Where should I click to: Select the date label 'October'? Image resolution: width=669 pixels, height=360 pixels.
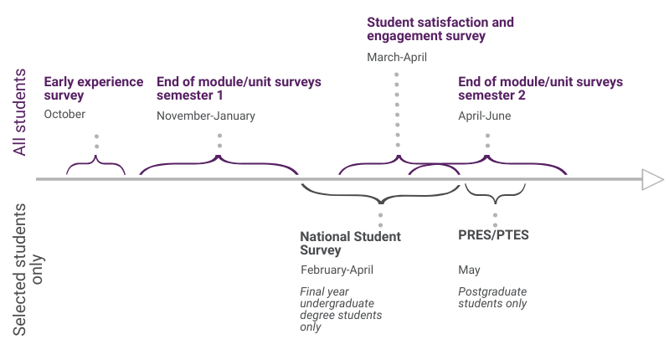click(x=64, y=114)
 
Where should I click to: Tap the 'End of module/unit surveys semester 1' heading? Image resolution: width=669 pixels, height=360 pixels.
click(x=239, y=89)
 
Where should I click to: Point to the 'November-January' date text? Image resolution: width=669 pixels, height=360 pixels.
click(x=205, y=116)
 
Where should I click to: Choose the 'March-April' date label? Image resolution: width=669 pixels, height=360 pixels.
click(x=397, y=57)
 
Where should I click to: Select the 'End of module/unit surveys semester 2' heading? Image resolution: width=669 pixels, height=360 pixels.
click(x=540, y=89)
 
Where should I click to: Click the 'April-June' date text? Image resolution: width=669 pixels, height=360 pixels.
click(x=484, y=116)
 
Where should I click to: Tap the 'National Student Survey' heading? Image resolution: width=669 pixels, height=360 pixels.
click(x=350, y=243)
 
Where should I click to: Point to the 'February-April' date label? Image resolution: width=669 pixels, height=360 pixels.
click(x=337, y=270)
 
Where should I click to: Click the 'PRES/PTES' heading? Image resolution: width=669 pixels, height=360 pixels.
click(x=493, y=235)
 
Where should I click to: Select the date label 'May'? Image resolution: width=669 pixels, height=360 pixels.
click(x=469, y=270)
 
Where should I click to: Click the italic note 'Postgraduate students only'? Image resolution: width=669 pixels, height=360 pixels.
click(x=492, y=297)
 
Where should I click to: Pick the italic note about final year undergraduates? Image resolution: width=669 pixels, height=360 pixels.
click(x=341, y=309)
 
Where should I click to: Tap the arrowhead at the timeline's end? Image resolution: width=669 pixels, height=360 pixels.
click(x=651, y=178)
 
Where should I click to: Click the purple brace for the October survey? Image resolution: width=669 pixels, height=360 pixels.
click(x=96, y=165)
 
